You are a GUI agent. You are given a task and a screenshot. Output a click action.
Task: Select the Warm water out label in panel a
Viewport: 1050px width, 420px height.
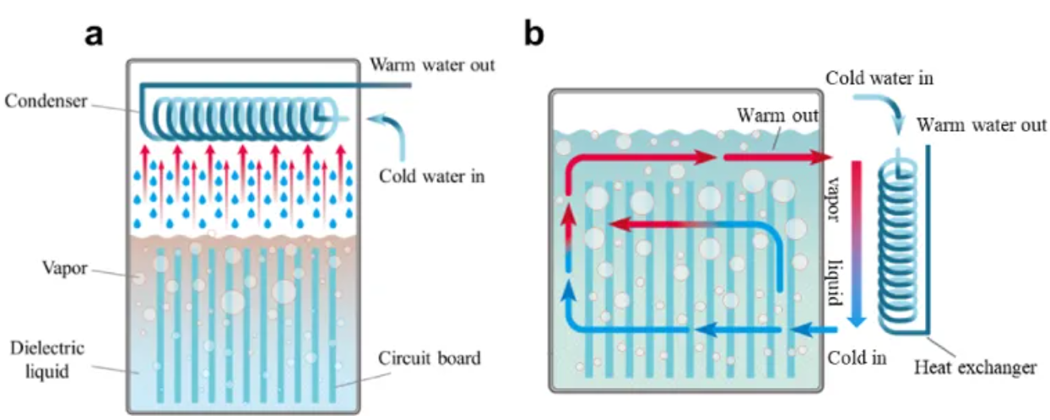coord(432,64)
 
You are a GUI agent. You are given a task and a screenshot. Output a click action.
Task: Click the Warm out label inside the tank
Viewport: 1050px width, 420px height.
coord(776,114)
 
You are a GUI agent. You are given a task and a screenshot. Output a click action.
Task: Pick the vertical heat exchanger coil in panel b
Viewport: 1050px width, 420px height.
coord(897,245)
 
